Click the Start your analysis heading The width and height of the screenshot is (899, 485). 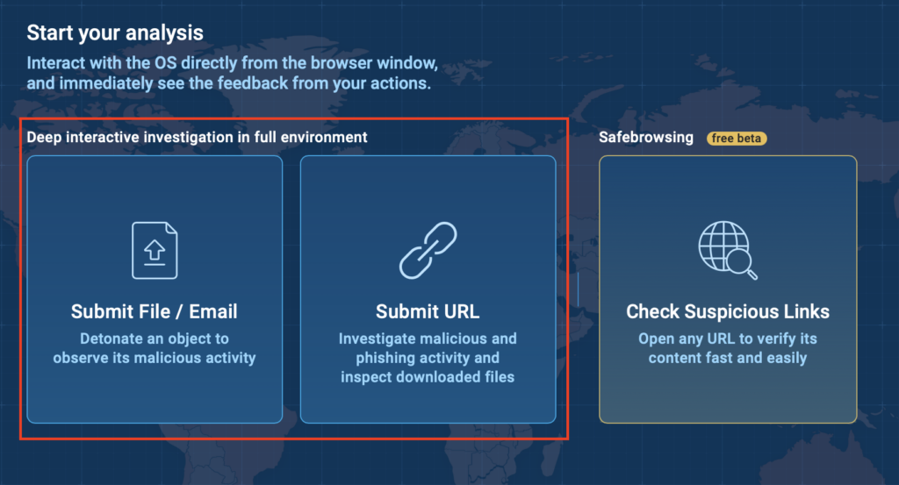pyautogui.click(x=115, y=33)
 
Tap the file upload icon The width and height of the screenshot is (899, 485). pyautogui.click(x=155, y=250)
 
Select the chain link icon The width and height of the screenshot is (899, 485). pyautogui.click(x=428, y=250)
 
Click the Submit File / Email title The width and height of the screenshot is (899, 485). pyautogui.click(x=155, y=311)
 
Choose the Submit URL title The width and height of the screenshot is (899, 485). pyautogui.click(x=428, y=311)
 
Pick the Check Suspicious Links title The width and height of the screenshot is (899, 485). pyautogui.click(x=728, y=311)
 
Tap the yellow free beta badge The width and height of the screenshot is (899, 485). pyautogui.click(x=737, y=138)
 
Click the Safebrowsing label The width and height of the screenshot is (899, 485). pyautogui.click(x=646, y=138)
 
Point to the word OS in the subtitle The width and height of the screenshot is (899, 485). pyautogui.click(x=165, y=63)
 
